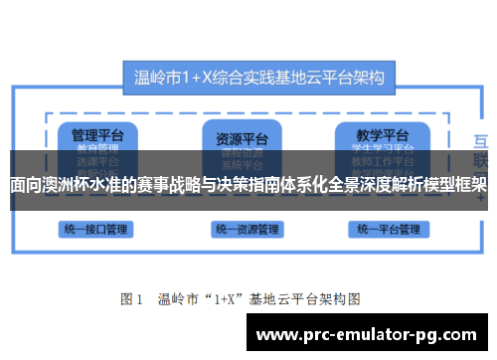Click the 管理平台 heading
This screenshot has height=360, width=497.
point(89,134)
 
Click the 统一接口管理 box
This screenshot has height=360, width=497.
point(92,229)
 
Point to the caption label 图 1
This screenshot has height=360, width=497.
point(132,297)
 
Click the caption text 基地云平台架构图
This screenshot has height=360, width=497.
point(309,297)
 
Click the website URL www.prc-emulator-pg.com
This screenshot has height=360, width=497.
point(372,334)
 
